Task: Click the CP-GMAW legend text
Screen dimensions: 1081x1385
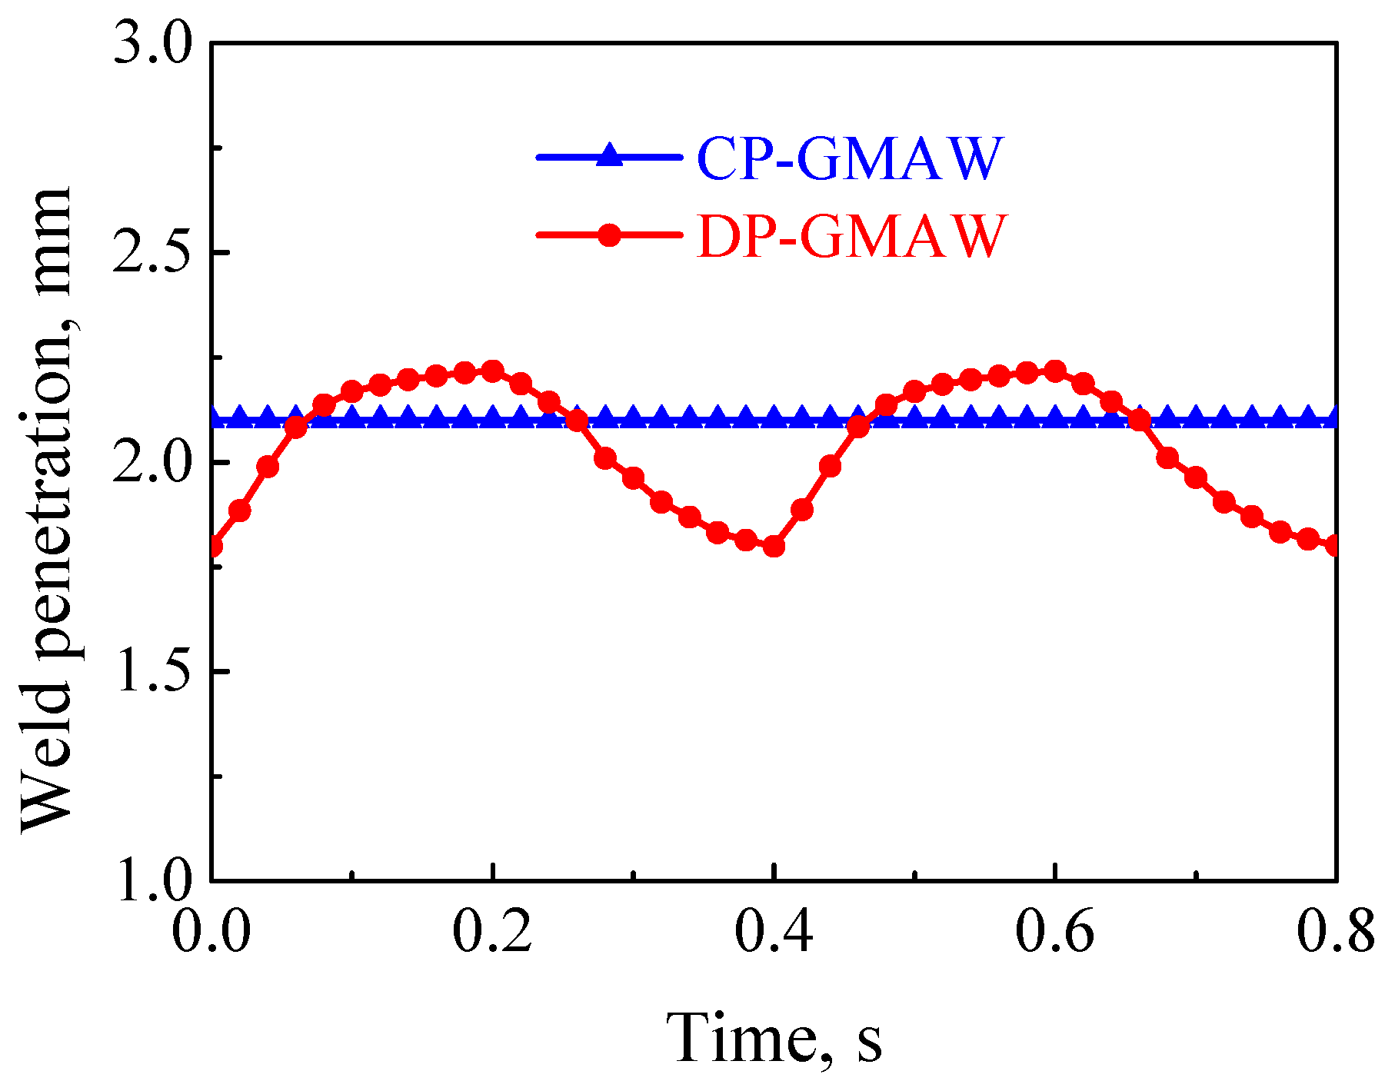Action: [851, 158]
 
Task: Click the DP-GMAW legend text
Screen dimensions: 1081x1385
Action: [851, 236]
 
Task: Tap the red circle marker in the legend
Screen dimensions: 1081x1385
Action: [609, 234]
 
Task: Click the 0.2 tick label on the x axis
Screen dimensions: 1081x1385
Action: [492, 933]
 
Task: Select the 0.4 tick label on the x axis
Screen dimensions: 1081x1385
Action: [774, 933]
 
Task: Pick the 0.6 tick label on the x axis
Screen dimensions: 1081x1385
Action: [1055, 933]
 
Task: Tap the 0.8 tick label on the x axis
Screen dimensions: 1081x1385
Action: [1335, 933]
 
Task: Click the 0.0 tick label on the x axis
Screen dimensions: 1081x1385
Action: [211, 933]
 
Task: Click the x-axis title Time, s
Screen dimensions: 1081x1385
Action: [774, 1037]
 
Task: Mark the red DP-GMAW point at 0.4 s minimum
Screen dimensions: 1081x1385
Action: [774, 547]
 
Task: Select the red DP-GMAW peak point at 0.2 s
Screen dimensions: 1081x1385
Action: [493, 371]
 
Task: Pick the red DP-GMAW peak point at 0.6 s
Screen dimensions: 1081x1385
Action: [1055, 371]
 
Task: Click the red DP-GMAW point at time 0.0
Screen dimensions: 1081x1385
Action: [213, 547]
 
